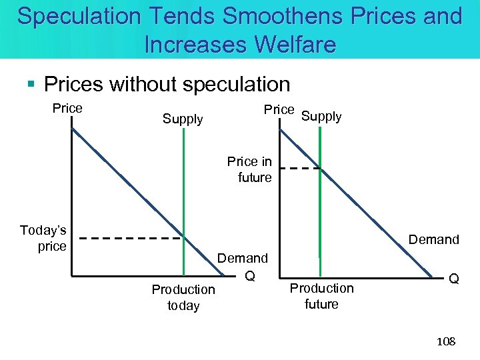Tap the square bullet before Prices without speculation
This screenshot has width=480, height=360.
click(x=31, y=85)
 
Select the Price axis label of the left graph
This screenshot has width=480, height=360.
click(x=67, y=108)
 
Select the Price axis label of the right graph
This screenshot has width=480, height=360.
click(x=279, y=109)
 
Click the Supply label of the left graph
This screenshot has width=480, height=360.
click(x=183, y=119)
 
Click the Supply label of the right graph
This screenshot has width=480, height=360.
click(x=321, y=116)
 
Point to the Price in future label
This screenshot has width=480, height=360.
click(x=250, y=169)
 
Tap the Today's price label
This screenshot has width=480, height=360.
click(x=44, y=238)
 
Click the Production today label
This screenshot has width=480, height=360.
click(x=183, y=297)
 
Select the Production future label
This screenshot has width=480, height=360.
click(x=322, y=296)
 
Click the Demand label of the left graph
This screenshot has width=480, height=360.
click(x=243, y=258)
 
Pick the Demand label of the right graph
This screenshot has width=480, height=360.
click(x=433, y=239)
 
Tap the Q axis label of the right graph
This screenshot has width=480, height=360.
click(x=453, y=279)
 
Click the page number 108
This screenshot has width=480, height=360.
click(x=445, y=341)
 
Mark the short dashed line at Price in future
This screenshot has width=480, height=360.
click(x=300, y=169)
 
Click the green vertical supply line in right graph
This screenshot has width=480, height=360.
click(x=321, y=213)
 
